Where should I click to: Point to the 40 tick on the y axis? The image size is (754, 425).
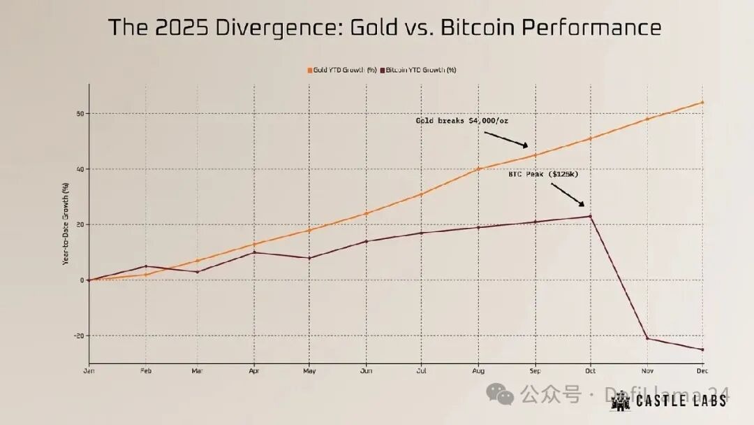click(81, 169)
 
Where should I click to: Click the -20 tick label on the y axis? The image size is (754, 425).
click(79, 336)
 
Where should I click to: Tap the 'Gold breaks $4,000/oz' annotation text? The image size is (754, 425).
click(461, 121)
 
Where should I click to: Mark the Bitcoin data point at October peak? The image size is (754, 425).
click(591, 217)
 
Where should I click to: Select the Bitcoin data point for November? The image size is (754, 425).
click(647, 338)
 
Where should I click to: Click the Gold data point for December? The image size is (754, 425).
click(702, 103)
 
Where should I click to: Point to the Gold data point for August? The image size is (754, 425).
click(478, 169)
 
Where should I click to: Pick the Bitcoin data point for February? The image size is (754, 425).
click(145, 266)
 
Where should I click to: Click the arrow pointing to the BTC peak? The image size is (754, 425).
click(568, 195)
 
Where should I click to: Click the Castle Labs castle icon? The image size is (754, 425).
click(620, 401)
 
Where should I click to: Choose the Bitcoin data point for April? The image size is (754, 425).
click(253, 252)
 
